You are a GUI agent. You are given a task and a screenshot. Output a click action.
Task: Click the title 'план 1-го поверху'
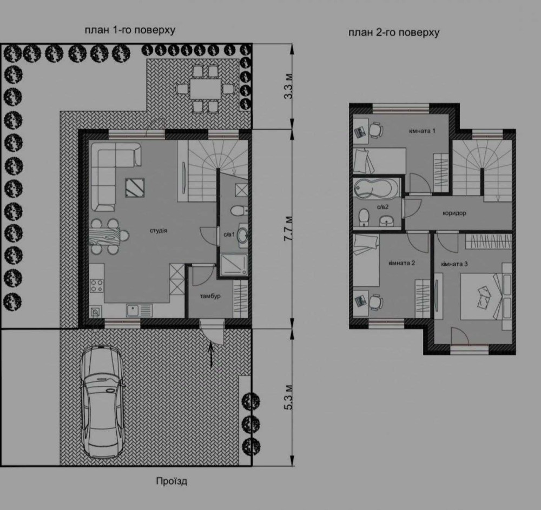(130, 30)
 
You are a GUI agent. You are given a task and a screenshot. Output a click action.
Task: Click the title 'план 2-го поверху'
(394, 33)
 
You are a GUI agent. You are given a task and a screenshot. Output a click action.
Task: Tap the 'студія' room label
(159, 230)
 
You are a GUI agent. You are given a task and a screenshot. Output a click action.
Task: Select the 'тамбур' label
(210, 296)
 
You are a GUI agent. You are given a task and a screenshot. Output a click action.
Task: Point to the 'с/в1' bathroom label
(229, 234)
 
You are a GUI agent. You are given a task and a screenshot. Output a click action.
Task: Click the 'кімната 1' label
(422, 131)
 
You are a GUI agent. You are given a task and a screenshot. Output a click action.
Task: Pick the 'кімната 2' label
(401, 263)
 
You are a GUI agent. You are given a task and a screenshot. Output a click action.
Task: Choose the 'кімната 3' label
(454, 264)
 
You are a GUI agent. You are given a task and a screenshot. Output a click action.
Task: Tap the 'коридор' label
(454, 213)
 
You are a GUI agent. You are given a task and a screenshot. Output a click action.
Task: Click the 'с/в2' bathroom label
(382, 207)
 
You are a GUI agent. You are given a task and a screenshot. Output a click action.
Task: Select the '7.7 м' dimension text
(288, 229)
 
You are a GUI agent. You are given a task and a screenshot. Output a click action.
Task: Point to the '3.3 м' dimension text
(288, 86)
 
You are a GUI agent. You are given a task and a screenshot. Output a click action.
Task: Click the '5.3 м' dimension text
(288, 397)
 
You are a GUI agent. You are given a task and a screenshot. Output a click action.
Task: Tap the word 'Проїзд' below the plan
(171, 481)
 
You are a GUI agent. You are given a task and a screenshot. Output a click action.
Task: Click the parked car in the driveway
(102, 402)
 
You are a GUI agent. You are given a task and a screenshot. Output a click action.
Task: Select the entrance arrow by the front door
(212, 353)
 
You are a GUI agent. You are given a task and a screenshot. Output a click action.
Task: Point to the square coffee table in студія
(135, 188)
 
